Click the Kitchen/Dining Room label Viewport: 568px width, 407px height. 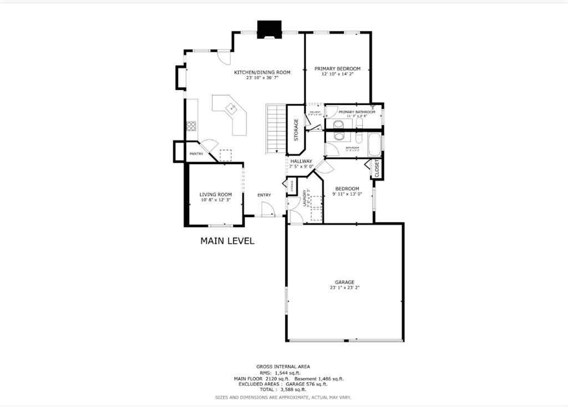point(262,72)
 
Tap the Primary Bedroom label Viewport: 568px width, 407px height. point(337,69)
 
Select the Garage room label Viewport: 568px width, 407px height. point(344,282)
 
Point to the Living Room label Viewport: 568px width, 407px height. point(215,194)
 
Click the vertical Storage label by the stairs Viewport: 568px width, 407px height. point(296,129)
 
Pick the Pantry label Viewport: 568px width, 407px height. point(196,154)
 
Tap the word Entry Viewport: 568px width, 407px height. point(264,195)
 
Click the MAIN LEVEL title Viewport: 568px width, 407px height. point(227,241)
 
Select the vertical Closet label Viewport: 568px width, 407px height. point(377,168)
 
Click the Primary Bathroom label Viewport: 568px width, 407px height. point(357,112)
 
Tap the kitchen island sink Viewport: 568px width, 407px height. point(231,108)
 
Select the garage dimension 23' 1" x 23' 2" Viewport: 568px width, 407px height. point(344,288)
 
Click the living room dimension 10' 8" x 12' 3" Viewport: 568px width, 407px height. point(215,200)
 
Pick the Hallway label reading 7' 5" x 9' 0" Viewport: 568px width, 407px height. point(301,166)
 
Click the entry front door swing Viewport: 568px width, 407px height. point(267,209)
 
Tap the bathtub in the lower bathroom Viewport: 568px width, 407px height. point(375,144)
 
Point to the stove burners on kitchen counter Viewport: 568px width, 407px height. point(191,126)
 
